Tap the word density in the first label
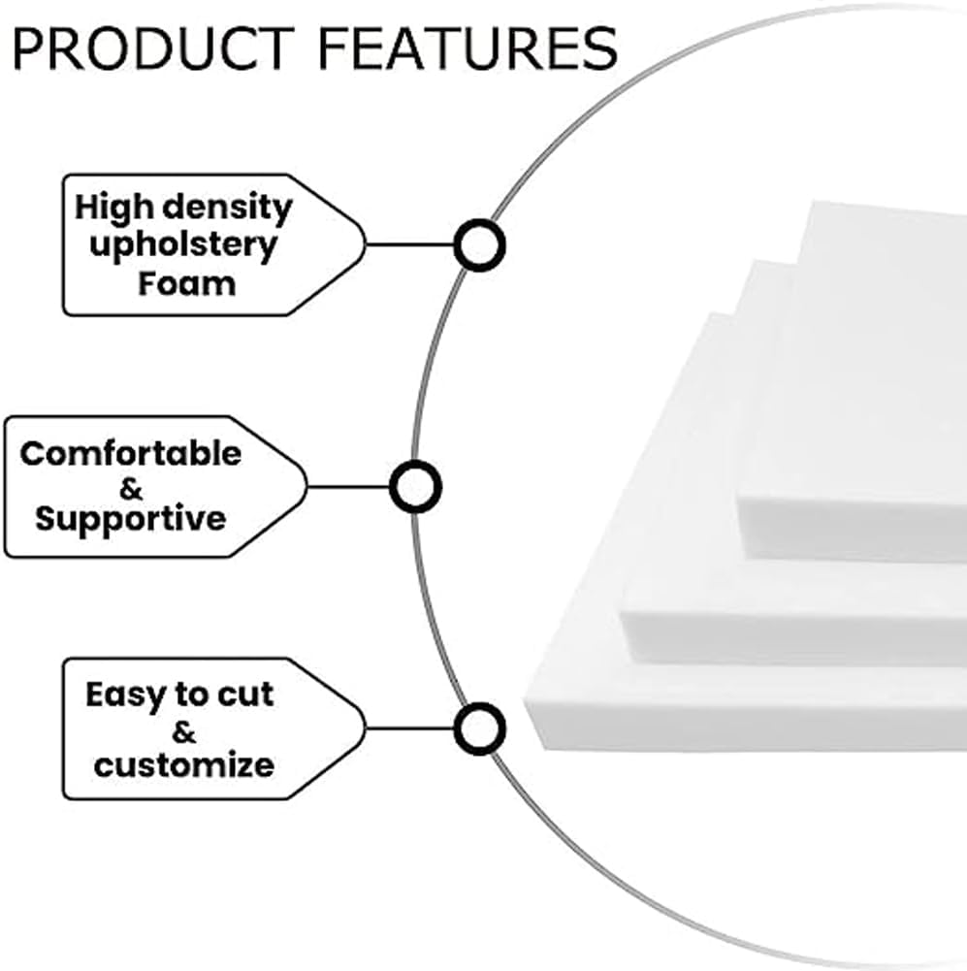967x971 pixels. pos(229,207)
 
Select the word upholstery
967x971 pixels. pos(182,244)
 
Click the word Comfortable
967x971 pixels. pos(131,454)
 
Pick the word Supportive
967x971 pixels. pos(130,518)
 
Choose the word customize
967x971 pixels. pos(183,764)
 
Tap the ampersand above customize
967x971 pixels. pos(184,729)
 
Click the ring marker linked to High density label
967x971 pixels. pos(478,245)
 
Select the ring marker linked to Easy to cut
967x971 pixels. pos(478,729)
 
